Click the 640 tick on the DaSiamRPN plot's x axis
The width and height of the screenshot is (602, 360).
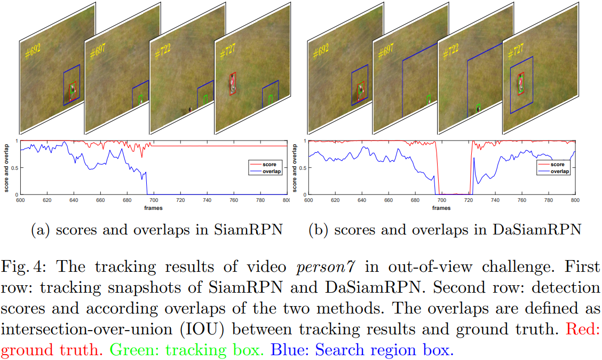point(361,200)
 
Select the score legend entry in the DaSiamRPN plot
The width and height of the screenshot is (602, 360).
point(557,165)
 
